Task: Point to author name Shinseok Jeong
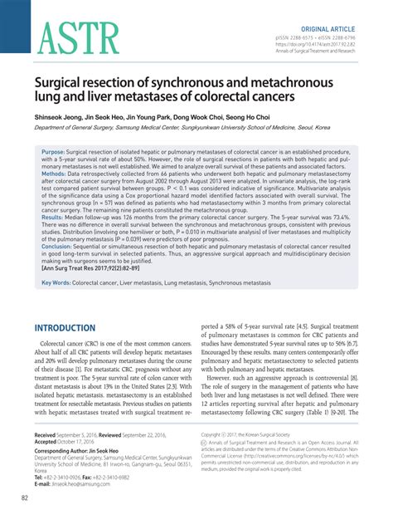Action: pyautogui.click(x=59, y=118)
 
